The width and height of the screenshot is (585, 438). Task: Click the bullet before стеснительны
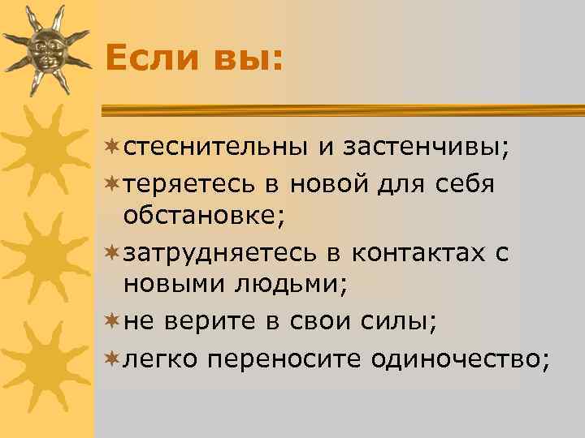[113, 148]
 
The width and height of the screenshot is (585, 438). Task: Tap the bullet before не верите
[113, 322]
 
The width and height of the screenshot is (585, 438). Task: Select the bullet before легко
[113, 358]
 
